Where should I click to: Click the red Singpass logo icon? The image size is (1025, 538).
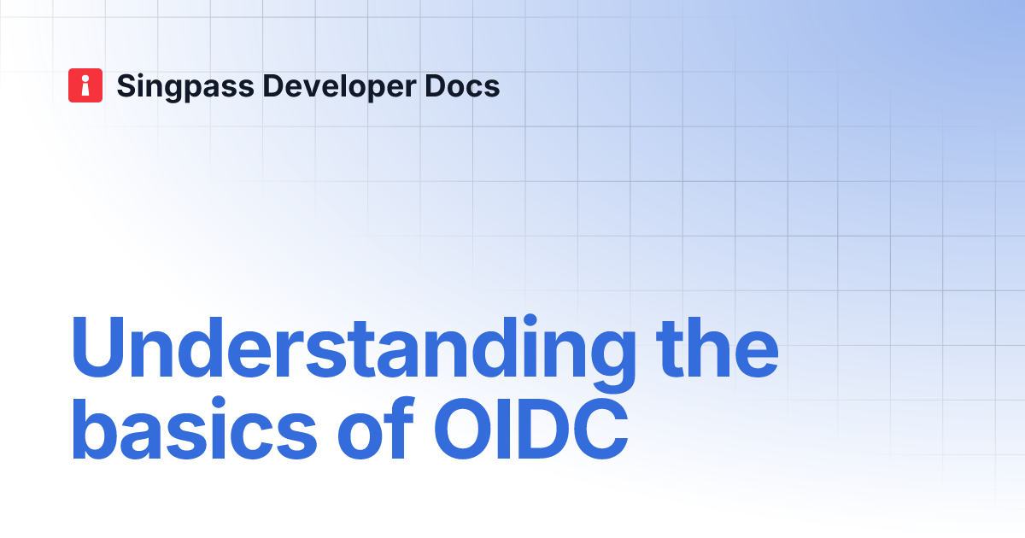point(85,85)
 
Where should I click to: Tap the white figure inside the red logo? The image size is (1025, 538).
point(85,85)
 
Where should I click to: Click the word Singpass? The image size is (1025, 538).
point(185,87)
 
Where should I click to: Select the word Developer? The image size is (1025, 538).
point(340,87)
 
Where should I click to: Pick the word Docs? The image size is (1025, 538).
point(462,86)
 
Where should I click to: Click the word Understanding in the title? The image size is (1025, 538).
point(354,352)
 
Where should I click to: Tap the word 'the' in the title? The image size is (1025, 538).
point(717,348)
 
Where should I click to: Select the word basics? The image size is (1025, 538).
point(195,428)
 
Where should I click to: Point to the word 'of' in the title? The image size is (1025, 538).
point(376,428)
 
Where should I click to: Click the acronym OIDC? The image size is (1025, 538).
point(530,429)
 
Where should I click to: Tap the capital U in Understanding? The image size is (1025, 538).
point(98,348)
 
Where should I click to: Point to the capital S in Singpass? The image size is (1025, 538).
point(127,86)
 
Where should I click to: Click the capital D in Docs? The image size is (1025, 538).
point(436,86)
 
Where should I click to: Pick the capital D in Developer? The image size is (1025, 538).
point(273,86)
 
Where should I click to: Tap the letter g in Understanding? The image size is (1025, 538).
point(612,362)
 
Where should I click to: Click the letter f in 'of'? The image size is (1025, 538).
point(401,427)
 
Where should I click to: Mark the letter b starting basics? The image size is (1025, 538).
point(95,428)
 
